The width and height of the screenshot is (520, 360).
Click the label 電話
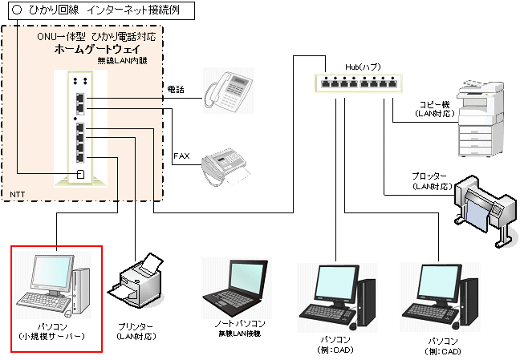pyautogui.click(x=175, y=89)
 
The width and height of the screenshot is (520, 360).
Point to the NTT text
pyautogui.click(x=17, y=195)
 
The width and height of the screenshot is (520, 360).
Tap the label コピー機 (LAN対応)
pyautogui.click(x=436, y=109)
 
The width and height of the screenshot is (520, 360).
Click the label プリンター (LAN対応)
pyautogui.click(x=136, y=330)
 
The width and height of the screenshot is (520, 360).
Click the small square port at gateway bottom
pyautogui.click(x=81, y=174)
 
